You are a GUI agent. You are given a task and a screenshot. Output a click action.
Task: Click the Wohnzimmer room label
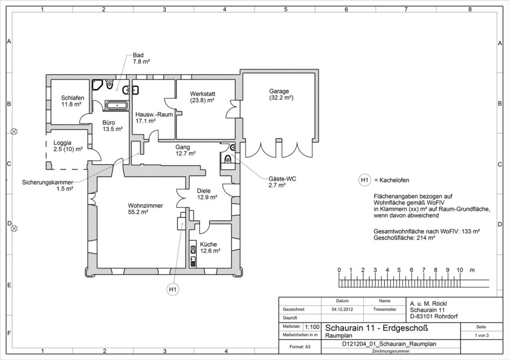tap(146, 206)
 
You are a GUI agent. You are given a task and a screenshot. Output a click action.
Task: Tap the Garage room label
tap(279, 91)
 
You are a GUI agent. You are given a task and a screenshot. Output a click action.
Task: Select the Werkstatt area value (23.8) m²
tap(202, 100)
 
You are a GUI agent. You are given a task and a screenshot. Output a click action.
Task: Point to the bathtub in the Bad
tap(116, 105)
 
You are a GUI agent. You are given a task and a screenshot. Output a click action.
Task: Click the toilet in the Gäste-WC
tap(228, 159)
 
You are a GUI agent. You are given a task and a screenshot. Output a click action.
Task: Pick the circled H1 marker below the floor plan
tap(172, 289)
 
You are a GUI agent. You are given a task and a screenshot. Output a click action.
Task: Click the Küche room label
tap(208, 245)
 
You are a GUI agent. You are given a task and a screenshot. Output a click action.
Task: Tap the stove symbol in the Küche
tap(193, 250)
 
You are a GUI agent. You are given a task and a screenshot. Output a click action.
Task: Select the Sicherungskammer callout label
tap(47, 182)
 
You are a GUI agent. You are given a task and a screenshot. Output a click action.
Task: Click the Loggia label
tap(62, 143)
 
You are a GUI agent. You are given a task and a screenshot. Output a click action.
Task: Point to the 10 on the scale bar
tap(460, 270)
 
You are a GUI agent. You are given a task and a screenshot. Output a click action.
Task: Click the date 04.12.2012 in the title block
tap(342, 309)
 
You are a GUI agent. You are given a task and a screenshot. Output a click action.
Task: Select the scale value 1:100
tap(312, 327)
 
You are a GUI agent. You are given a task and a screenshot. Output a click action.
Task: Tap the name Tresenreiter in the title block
tap(385, 309)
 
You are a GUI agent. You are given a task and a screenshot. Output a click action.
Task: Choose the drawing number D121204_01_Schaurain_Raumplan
tap(389, 344)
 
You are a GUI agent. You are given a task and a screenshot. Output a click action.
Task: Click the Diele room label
tap(204, 191)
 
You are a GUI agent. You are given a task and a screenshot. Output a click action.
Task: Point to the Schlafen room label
tap(73, 98)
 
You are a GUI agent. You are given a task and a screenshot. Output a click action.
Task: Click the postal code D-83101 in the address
tap(422, 317)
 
